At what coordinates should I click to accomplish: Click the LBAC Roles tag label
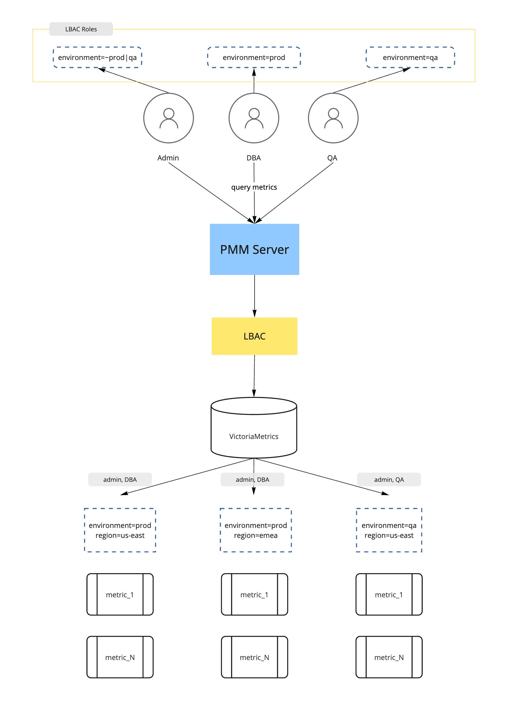coord(81,29)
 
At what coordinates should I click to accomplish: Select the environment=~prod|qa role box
coord(97,57)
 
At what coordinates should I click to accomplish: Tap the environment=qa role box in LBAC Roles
coord(410,57)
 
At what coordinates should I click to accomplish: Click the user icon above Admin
coord(168,118)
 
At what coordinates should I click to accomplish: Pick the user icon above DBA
coord(254,118)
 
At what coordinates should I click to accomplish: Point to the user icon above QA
coord(333,118)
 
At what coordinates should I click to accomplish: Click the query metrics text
coord(254,187)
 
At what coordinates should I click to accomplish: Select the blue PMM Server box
coord(254,249)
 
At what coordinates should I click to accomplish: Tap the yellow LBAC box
coord(254,336)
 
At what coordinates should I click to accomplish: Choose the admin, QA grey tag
coord(389,479)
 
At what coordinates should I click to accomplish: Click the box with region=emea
coord(256,530)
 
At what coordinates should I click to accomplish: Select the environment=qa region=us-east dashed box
coord(389,530)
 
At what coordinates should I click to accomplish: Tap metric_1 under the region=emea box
coord(254,595)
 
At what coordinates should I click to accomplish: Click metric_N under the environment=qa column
coord(389,657)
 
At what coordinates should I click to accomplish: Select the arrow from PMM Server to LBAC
coord(254,296)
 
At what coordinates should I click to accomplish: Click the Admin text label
coord(168,158)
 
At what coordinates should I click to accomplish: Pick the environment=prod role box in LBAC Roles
coord(254,57)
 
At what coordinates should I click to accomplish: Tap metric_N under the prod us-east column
coord(120,657)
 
